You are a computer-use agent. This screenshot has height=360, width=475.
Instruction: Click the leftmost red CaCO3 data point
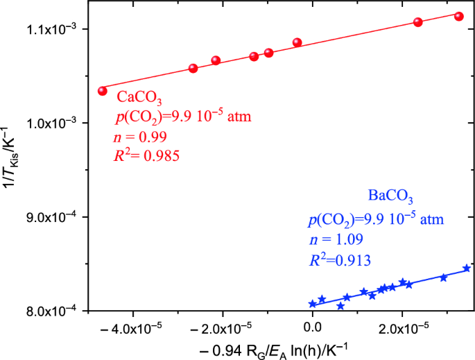(103, 91)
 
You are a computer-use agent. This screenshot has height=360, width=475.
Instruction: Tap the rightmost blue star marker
(467, 268)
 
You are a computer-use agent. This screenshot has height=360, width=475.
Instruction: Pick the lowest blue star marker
(340, 306)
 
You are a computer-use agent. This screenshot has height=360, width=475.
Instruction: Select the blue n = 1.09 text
(333, 241)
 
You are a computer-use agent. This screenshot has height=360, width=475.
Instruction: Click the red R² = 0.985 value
(146, 156)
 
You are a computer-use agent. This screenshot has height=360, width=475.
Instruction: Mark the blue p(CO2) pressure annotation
(375, 221)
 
